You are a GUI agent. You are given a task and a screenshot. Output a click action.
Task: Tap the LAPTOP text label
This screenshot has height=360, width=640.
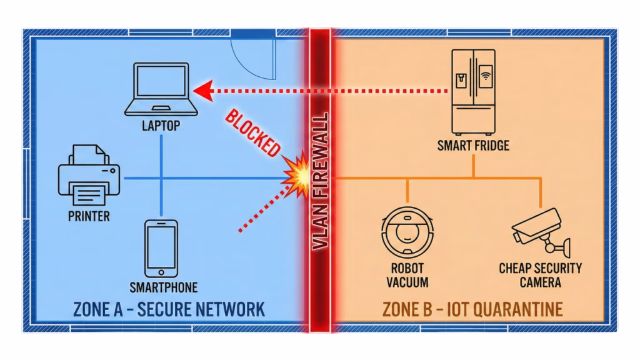coord(161,126)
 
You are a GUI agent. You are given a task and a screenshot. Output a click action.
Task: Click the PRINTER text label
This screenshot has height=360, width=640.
coord(89,217)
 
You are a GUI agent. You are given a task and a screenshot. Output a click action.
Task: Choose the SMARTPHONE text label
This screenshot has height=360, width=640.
coord(163,287)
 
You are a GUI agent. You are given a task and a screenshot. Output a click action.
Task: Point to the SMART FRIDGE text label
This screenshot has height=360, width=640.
coord(473,146)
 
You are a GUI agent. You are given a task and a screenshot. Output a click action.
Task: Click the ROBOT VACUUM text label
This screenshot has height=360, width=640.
coord(407,275)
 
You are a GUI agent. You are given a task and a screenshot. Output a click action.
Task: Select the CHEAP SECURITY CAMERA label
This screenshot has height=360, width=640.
coord(540,275)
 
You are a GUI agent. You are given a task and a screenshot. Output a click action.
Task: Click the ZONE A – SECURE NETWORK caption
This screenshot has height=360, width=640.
coord(169,309)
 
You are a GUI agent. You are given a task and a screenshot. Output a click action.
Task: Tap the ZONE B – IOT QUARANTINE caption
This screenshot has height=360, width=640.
coord(472,309)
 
